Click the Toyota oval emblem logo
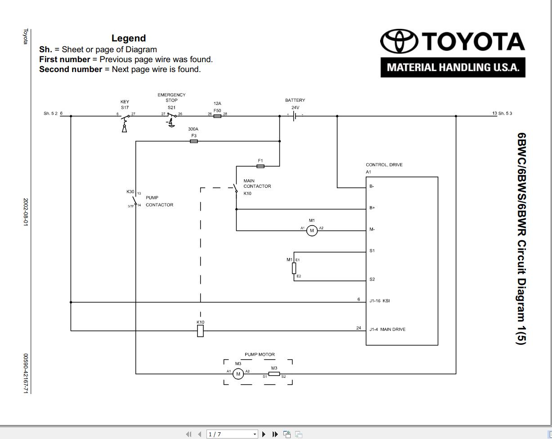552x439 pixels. coord(399,41)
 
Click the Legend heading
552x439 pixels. coord(129,38)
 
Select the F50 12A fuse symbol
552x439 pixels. coord(217,116)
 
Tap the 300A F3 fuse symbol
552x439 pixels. coord(194,141)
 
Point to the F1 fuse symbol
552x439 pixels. coord(260,166)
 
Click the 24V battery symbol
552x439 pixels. coord(295,116)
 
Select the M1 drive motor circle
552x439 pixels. coord(312,231)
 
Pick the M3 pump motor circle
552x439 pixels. coord(238,374)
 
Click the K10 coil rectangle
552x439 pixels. coord(200,331)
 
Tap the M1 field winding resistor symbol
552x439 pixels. coord(294,268)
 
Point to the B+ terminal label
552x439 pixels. coord(372,208)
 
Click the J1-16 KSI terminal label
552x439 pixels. coord(379,301)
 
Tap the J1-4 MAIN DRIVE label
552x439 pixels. coord(387,329)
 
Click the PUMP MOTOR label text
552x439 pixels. coord(260,354)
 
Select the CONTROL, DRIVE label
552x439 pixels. coord(384,165)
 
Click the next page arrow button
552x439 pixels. coord(264,434)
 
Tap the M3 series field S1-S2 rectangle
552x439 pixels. coord(274,374)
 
